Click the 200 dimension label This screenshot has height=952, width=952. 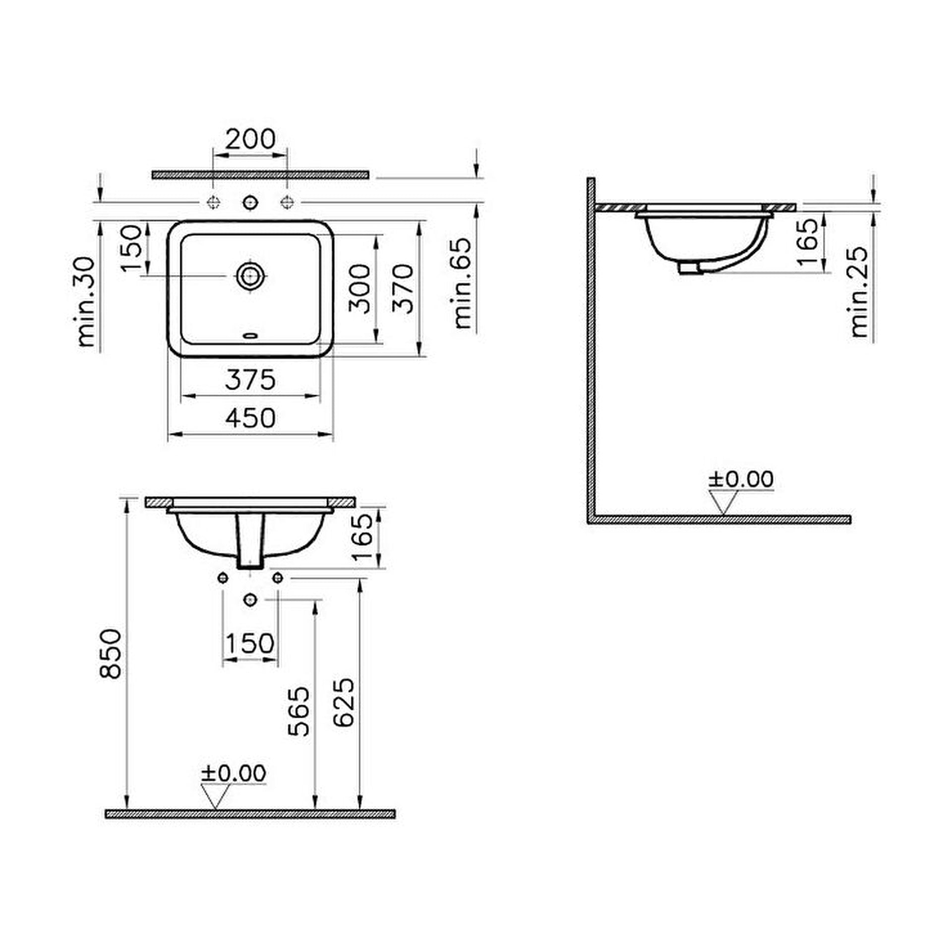[x=250, y=139]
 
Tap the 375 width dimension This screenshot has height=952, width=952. [x=250, y=380]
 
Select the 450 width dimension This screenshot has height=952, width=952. [x=250, y=418]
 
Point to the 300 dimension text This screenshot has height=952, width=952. [x=359, y=289]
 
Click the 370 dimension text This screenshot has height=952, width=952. [x=403, y=289]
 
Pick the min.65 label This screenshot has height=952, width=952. [x=463, y=283]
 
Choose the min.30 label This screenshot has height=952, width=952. [x=86, y=301]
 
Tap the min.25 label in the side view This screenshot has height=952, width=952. [x=860, y=292]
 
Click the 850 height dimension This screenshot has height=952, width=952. [x=110, y=654]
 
